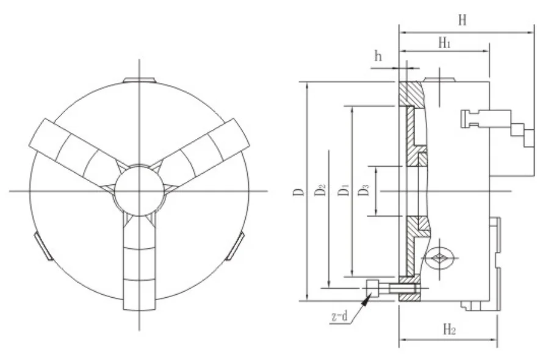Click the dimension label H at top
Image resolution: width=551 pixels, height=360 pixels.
[x=463, y=20]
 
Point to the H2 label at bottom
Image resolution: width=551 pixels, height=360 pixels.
[x=448, y=330]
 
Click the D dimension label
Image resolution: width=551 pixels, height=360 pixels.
[x=298, y=191]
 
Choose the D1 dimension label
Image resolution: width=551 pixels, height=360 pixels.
[x=344, y=190]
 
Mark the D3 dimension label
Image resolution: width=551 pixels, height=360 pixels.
[x=364, y=190]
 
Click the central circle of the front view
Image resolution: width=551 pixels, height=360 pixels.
[x=139, y=191]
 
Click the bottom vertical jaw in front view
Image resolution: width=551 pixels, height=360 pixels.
[x=139, y=268]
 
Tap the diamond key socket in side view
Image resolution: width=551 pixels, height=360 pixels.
[x=439, y=258]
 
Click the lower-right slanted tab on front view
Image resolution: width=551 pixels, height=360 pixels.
[x=235, y=247]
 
